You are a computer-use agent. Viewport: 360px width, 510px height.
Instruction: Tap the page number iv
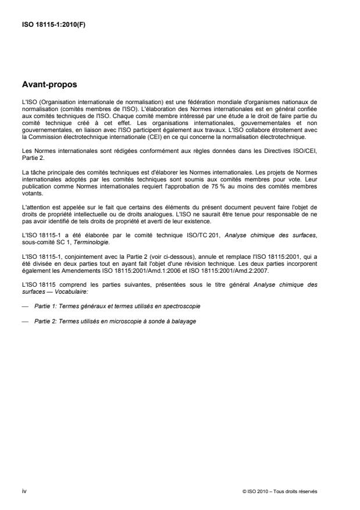[24, 491]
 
